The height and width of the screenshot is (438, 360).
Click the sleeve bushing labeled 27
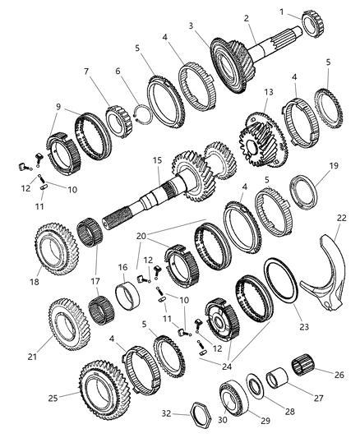pyautogui.click(x=278, y=379)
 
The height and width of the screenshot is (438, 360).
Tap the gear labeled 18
pyautogui.click(x=55, y=248)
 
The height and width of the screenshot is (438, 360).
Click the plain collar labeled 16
pyautogui.click(x=127, y=295)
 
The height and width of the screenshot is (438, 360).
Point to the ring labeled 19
pyautogui.click(x=304, y=191)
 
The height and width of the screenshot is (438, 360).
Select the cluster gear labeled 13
pyautogui.click(x=263, y=140)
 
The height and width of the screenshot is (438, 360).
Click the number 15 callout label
pyautogui.click(x=157, y=160)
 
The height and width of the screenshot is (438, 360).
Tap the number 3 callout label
pyautogui.click(x=191, y=26)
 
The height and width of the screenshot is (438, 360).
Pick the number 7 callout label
pyautogui.click(x=86, y=71)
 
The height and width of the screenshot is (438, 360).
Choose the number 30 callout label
pyautogui.click(x=222, y=420)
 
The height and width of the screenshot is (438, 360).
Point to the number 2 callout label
pyautogui.click(x=246, y=18)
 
